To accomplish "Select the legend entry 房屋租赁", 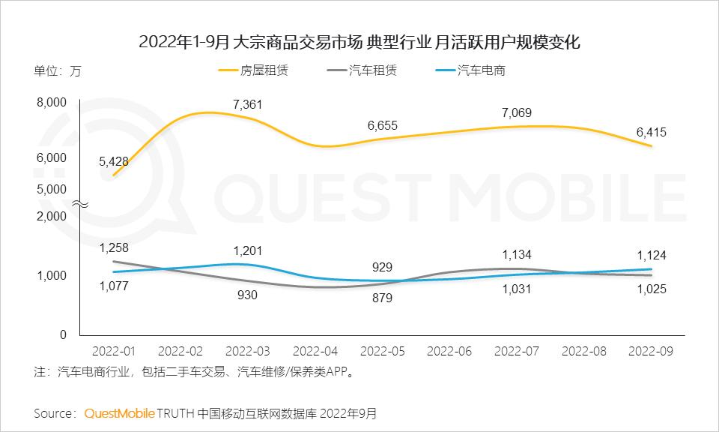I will click(x=253, y=71).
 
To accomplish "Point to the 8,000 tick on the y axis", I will click(x=52, y=103).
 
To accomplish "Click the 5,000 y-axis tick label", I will click(x=52, y=190).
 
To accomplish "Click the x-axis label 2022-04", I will click(x=314, y=351).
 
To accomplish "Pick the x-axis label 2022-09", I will click(x=651, y=351).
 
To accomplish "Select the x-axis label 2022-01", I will click(x=113, y=351).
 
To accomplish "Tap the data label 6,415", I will click(x=651, y=132).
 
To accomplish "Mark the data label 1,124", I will click(x=651, y=255).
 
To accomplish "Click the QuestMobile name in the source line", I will click(x=120, y=413).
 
